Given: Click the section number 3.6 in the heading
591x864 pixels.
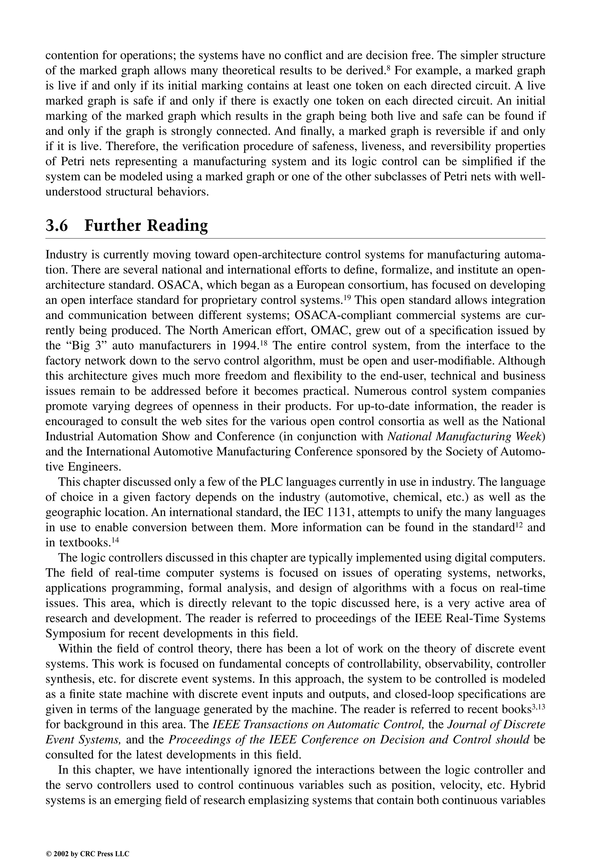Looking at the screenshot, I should [x=57, y=226].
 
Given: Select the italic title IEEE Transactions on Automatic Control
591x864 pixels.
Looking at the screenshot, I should [x=318, y=725].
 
